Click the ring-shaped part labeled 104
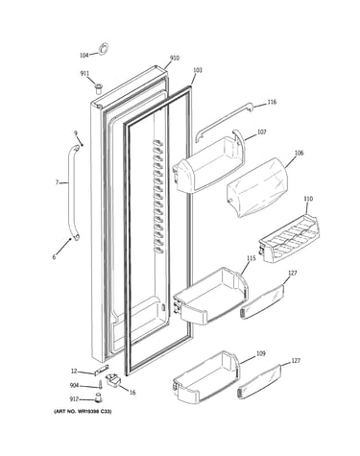tap(103, 48)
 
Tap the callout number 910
tap(175, 58)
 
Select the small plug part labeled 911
tap(98, 87)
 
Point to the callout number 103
tap(198, 70)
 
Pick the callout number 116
tap(272, 102)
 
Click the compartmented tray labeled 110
tap(289, 238)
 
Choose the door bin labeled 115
tap(210, 296)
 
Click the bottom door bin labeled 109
tap(205, 377)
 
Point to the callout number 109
tap(261, 353)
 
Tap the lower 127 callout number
tap(296, 361)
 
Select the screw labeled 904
tap(100, 384)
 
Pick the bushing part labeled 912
tap(98, 396)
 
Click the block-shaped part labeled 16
tap(113, 381)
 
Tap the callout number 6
tap(54, 257)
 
